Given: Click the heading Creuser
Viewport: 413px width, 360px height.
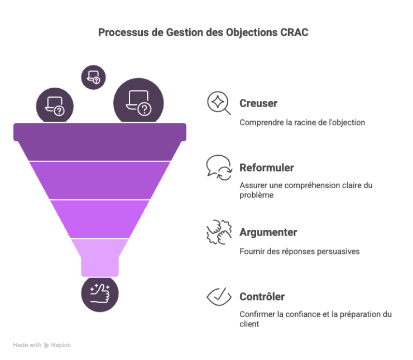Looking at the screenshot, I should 258,103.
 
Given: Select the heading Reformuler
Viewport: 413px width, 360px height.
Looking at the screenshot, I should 267,168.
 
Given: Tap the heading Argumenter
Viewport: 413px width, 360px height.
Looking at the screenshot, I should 268,232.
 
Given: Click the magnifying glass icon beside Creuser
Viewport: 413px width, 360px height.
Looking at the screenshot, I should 218,103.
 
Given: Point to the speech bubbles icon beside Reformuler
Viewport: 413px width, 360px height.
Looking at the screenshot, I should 218,167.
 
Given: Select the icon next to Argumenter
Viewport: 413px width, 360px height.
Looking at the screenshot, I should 218,232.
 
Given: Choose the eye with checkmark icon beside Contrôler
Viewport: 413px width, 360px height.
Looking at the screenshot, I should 218,296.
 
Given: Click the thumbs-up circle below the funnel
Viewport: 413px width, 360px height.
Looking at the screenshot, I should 100,293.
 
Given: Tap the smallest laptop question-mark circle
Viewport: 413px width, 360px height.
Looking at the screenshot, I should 93,77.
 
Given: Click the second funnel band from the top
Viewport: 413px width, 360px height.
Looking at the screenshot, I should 100,180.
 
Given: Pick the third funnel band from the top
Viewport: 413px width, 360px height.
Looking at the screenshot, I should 100,218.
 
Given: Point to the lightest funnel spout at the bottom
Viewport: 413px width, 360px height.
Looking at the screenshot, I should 100,256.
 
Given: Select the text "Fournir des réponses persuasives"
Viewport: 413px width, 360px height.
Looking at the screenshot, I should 299,251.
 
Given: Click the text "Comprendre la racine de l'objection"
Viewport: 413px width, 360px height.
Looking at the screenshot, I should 302,122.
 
